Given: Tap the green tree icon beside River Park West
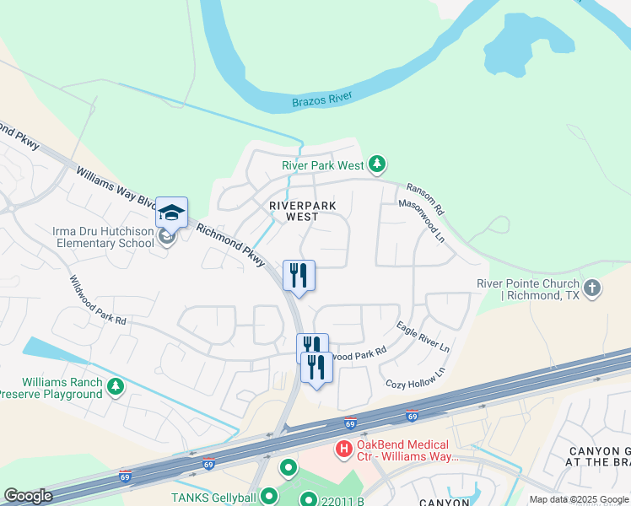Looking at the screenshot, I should pos(379,163).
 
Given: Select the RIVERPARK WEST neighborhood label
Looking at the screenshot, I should pos(303,211).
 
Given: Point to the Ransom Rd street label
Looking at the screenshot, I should pos(424,199).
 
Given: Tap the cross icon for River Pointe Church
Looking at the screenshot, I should pos(592,288).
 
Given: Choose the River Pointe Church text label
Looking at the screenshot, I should pos(528,289).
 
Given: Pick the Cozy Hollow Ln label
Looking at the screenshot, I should pos(416,379).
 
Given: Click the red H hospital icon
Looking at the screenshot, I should pos(344,449).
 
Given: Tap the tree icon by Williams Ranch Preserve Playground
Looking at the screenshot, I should pos(116,388).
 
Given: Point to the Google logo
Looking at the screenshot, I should pos(29,496).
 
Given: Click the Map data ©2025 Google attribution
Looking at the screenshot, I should pos(578,499).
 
